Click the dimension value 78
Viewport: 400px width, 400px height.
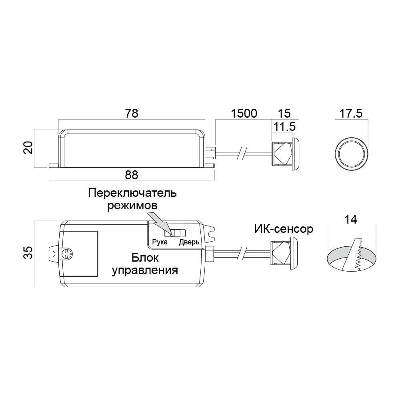(132, 114)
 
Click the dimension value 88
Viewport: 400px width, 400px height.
(132, 175)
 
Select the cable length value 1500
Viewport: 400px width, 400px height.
(244, 114)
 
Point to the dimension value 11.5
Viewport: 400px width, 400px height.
(284, 126)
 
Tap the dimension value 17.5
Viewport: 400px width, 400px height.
(351, 114)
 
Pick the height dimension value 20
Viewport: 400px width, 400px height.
(28, 147)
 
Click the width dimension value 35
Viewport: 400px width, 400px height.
(28, 252)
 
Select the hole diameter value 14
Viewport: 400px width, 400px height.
(351, 219)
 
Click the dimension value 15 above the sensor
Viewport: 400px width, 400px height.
(284, 114)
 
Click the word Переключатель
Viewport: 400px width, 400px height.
(132, 193)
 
